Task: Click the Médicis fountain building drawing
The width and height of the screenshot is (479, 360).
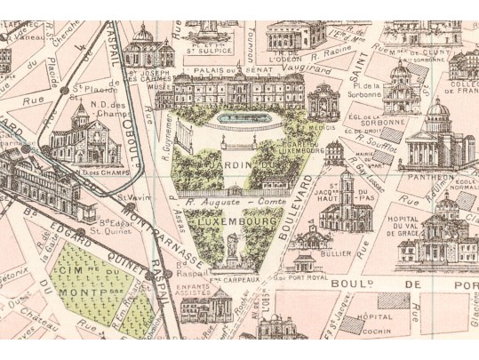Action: pos(323,102)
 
